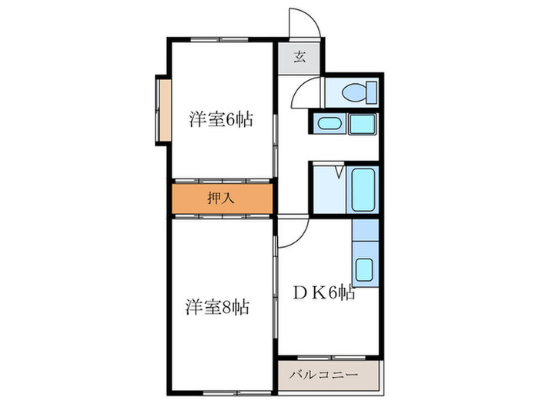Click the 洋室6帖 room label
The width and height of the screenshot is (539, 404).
221,120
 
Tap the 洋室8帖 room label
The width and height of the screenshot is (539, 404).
217,307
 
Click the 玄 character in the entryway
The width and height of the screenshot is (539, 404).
300,56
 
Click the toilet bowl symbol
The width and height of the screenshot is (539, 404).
357,93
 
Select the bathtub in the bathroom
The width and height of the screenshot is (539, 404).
363,190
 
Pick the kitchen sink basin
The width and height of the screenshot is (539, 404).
364,270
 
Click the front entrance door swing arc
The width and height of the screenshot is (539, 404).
306,23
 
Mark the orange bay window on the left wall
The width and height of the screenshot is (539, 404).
163,108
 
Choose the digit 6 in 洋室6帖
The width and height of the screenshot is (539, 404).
232,120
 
